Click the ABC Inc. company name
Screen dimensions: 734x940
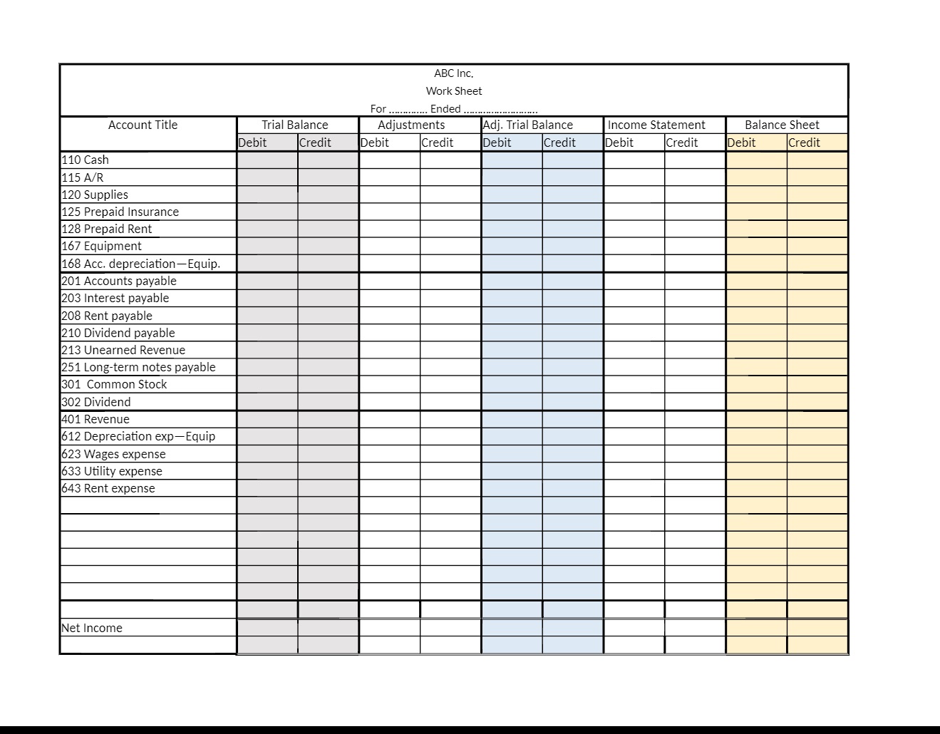point(453,73)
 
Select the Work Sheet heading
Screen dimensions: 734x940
point(453,91)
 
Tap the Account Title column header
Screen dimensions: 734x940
point(143,125)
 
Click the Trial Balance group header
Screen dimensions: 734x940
point(294,125)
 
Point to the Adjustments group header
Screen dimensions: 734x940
point(411,125)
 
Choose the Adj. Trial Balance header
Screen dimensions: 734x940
point(528,125)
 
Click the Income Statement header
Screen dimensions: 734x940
point(656,125)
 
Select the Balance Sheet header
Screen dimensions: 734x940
point(782,125)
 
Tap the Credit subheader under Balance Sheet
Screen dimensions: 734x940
point(804,143)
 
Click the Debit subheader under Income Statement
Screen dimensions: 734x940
point(619,143)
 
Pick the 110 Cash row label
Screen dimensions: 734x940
point(86,160)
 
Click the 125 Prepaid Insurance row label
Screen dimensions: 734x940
point(120,212)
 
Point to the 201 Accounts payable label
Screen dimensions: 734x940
point(119,281)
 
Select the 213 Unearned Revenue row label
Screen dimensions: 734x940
point(123,350)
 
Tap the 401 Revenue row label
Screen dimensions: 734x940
point(95,419)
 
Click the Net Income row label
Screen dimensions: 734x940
point(92,628)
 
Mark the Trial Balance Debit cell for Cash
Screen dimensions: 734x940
point(267,160)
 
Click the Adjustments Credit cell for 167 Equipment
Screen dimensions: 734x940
point(450,247)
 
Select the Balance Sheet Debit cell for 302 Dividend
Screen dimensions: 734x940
point(756,402)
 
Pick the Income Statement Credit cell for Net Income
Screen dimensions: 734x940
point(695,628)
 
